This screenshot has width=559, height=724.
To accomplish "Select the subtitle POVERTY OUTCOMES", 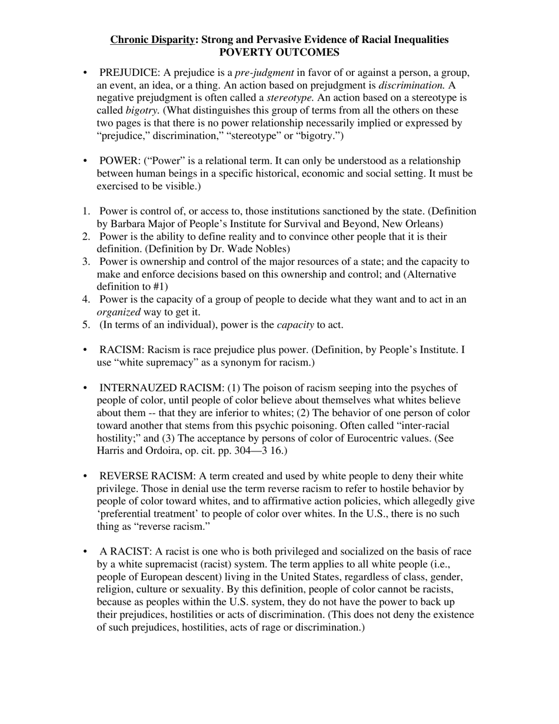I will [x=279, y=52].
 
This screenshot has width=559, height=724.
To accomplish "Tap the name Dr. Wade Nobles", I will [x=254, y=249].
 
